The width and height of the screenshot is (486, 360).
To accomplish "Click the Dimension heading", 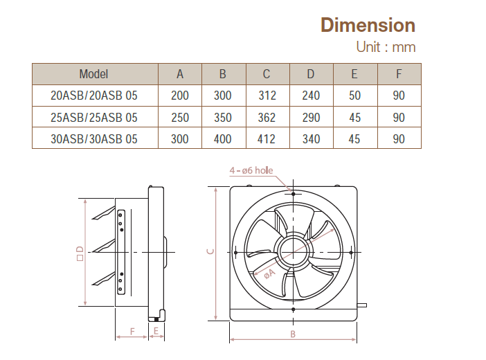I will tap(368, 25).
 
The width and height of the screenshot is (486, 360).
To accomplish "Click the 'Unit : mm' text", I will tap(386, 48).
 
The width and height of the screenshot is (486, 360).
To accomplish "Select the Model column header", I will tap(93, 74).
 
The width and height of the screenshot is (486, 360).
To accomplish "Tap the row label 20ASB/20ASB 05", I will tap(93, 96).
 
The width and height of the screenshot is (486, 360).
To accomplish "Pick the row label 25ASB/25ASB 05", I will tap(93, 118).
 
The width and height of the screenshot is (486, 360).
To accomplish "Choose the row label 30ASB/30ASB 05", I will tap(93, 139).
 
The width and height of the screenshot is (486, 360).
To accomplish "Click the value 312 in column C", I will tap(267, 96).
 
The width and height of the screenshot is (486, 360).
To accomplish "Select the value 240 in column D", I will tap(311, 96).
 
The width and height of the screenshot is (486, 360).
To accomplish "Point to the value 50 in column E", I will tap(354, 96).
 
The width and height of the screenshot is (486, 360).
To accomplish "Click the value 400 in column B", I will tap(223, 139).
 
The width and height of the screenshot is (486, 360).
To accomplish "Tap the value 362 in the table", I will tap(267, 118).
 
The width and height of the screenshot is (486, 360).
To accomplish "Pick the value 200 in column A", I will tap(179, 96).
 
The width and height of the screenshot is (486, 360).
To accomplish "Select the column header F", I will tap(399, 74).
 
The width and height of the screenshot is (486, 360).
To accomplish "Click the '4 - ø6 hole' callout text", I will tap(251, 170).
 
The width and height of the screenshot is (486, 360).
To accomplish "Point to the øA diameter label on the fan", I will tap(269, 273).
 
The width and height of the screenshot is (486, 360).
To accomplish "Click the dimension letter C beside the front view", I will tap(210, 253).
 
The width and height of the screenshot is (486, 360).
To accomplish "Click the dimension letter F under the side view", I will tap(132, 331).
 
